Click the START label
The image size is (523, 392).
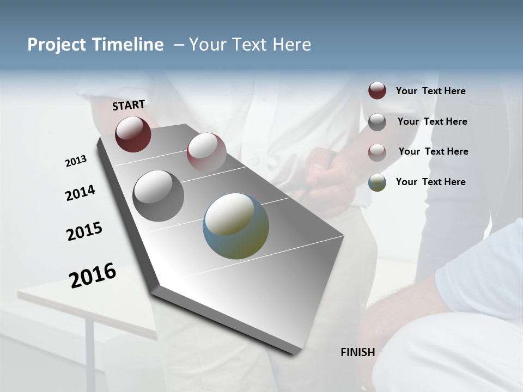[129, 105]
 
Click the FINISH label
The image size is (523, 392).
[357, 352]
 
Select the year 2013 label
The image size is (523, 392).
[76, 161]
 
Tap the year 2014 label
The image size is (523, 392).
[80, 193]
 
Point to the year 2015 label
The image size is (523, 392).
[84, 231]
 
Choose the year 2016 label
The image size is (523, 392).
[93, 275]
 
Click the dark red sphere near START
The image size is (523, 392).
[133, 134]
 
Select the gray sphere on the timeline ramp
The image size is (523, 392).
[158, 195]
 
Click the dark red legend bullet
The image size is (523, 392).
[377, 91]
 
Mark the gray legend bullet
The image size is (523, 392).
[377, 121]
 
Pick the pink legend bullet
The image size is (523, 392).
[377, 152]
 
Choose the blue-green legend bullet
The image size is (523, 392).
[377, 182]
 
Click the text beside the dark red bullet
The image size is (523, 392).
[430, 91]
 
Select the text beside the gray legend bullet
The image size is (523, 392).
[432, 121]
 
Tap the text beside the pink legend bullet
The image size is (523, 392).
[433, 151]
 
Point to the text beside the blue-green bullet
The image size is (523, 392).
[430, 182]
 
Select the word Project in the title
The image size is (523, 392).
[56, 45]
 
